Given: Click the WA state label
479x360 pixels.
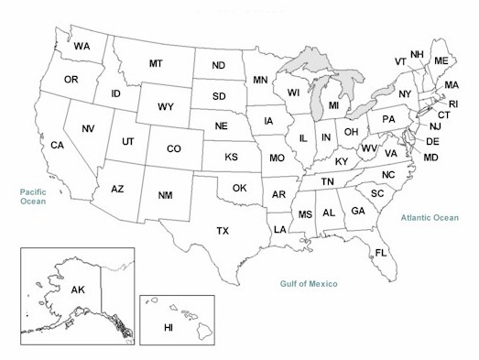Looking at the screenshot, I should (x=82, y=46).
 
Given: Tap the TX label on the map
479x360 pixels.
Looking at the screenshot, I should (x=223, y=231).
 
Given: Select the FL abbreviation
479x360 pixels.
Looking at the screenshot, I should (x=381, y=252).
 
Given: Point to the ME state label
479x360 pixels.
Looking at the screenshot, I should (x=441, y=60).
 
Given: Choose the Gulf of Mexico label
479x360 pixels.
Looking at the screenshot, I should (x=309, y=284).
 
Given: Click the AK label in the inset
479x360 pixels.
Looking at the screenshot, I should (x=78, y=289).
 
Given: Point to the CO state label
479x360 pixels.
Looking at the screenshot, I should (x=174, y=148).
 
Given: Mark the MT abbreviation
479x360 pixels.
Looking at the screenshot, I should (x=157, y=64).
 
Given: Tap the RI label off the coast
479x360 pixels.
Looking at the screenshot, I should (x=452, y=104).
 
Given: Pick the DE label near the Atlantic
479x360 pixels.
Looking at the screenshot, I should (x=433, y=141).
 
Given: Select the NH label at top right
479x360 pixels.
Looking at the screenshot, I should (x=417, y=54).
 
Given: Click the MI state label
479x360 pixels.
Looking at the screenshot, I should (x=334, y=106).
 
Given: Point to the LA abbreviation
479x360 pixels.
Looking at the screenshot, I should (x=279, y=230).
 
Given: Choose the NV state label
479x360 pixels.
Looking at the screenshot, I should (x=89, y=128).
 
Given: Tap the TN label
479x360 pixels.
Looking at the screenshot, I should (x=327, y=182).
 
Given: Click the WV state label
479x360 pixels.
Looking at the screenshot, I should (x=370, y=147).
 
